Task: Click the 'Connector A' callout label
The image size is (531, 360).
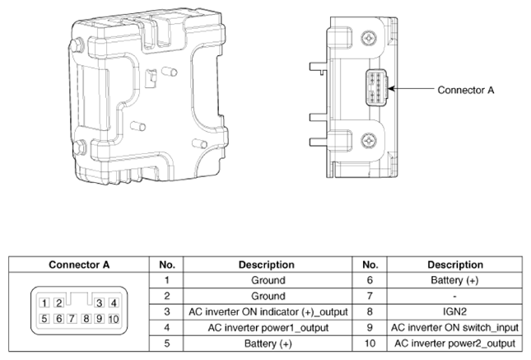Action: pos(466,90)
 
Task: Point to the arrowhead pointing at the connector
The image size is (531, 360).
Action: pos(391,89)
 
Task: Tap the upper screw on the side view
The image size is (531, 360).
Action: pos(369,38)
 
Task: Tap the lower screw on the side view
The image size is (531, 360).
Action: pos(369,140)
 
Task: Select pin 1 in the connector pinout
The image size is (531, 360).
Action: pos(44,302)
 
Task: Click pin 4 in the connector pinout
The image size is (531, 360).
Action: pos(114,302)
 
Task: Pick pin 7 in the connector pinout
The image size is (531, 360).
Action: pos(72,319)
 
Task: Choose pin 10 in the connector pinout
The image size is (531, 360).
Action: pos(114,319)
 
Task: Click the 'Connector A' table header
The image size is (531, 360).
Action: pos(79,264)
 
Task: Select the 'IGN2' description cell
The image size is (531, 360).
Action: pos(454,311)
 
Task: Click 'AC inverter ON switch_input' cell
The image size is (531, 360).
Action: pos(454,327)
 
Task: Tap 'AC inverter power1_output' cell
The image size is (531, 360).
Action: pos(268,327)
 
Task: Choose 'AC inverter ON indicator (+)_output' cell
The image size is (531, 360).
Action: pos(268,312)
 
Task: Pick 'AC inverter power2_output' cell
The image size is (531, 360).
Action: pos(454,344)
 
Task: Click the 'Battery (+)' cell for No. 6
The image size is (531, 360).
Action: pos(454,280)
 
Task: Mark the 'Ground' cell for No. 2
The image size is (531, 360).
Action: pos(268,296)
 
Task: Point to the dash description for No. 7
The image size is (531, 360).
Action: pos(454,297)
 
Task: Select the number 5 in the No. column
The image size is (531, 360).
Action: pos(166,344)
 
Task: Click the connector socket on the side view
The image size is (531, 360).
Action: pos(376,87)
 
